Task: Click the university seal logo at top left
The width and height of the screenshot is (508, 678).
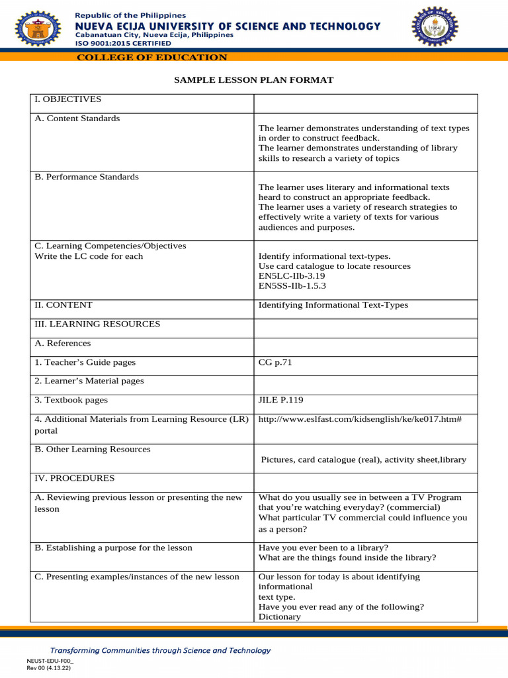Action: click(x=34, y=27)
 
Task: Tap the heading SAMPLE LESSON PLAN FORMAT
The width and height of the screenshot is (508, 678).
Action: click(x=253, y=80)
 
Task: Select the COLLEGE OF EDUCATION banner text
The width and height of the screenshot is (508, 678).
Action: click(x=152, y=58)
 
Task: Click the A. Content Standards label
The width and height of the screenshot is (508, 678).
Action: click(x=77, y=119)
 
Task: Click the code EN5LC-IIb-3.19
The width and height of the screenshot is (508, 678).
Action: click(x=292, y=276)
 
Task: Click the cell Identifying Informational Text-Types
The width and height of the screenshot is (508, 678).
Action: click(x=333, y=305)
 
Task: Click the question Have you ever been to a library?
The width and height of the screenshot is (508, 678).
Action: click(x=323, y=548)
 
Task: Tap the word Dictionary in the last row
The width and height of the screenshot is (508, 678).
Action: click(x=279, y=616)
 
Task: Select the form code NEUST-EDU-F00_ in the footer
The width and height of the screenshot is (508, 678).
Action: click(x=50, y=661)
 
